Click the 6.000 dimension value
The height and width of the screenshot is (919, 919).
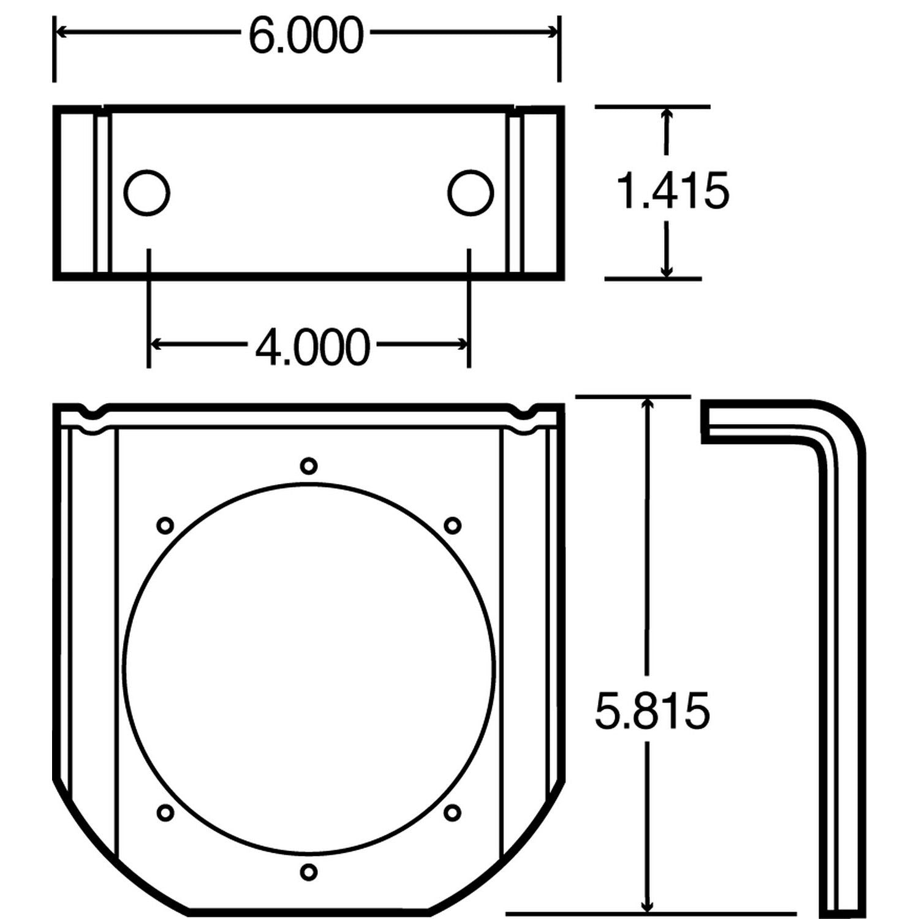[306, 36]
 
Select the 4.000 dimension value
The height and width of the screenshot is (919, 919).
[312, 347]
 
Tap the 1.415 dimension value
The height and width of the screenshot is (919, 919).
[672, 191]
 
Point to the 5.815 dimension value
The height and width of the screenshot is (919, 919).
[652, 711]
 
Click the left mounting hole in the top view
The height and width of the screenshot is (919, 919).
[147, 192]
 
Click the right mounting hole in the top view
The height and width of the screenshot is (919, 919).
[470, 192]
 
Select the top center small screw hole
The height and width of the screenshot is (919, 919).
[309, 466]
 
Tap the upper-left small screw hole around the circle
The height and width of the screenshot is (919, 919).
[165, 525]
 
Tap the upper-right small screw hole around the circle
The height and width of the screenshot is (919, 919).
[452, 525]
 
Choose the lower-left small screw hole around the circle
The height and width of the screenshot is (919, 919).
[165, 812]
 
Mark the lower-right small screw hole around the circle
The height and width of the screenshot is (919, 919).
[452, 812]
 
